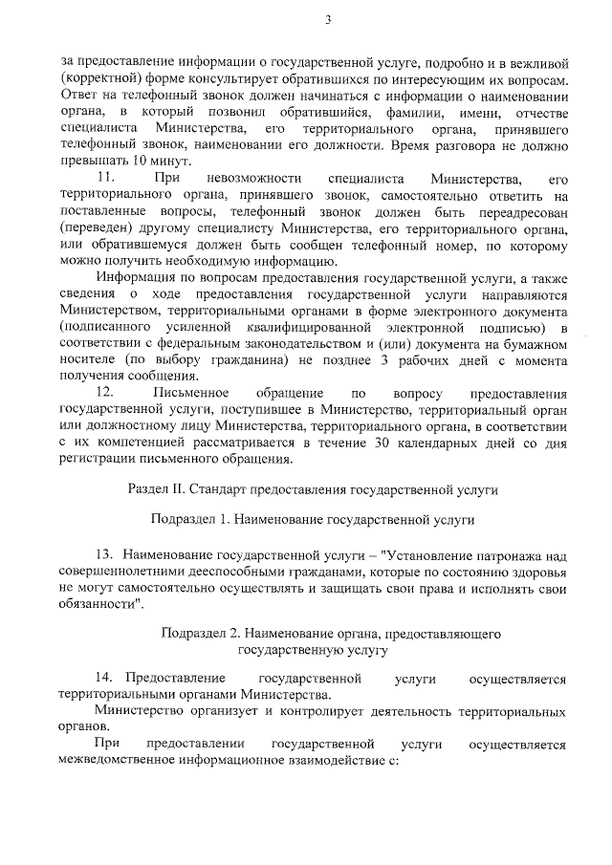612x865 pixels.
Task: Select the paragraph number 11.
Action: [108, 179]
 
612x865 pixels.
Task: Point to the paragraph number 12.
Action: [108, 393]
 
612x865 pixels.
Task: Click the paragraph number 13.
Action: [104, 555]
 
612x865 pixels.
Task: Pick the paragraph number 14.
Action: [104, 679]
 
